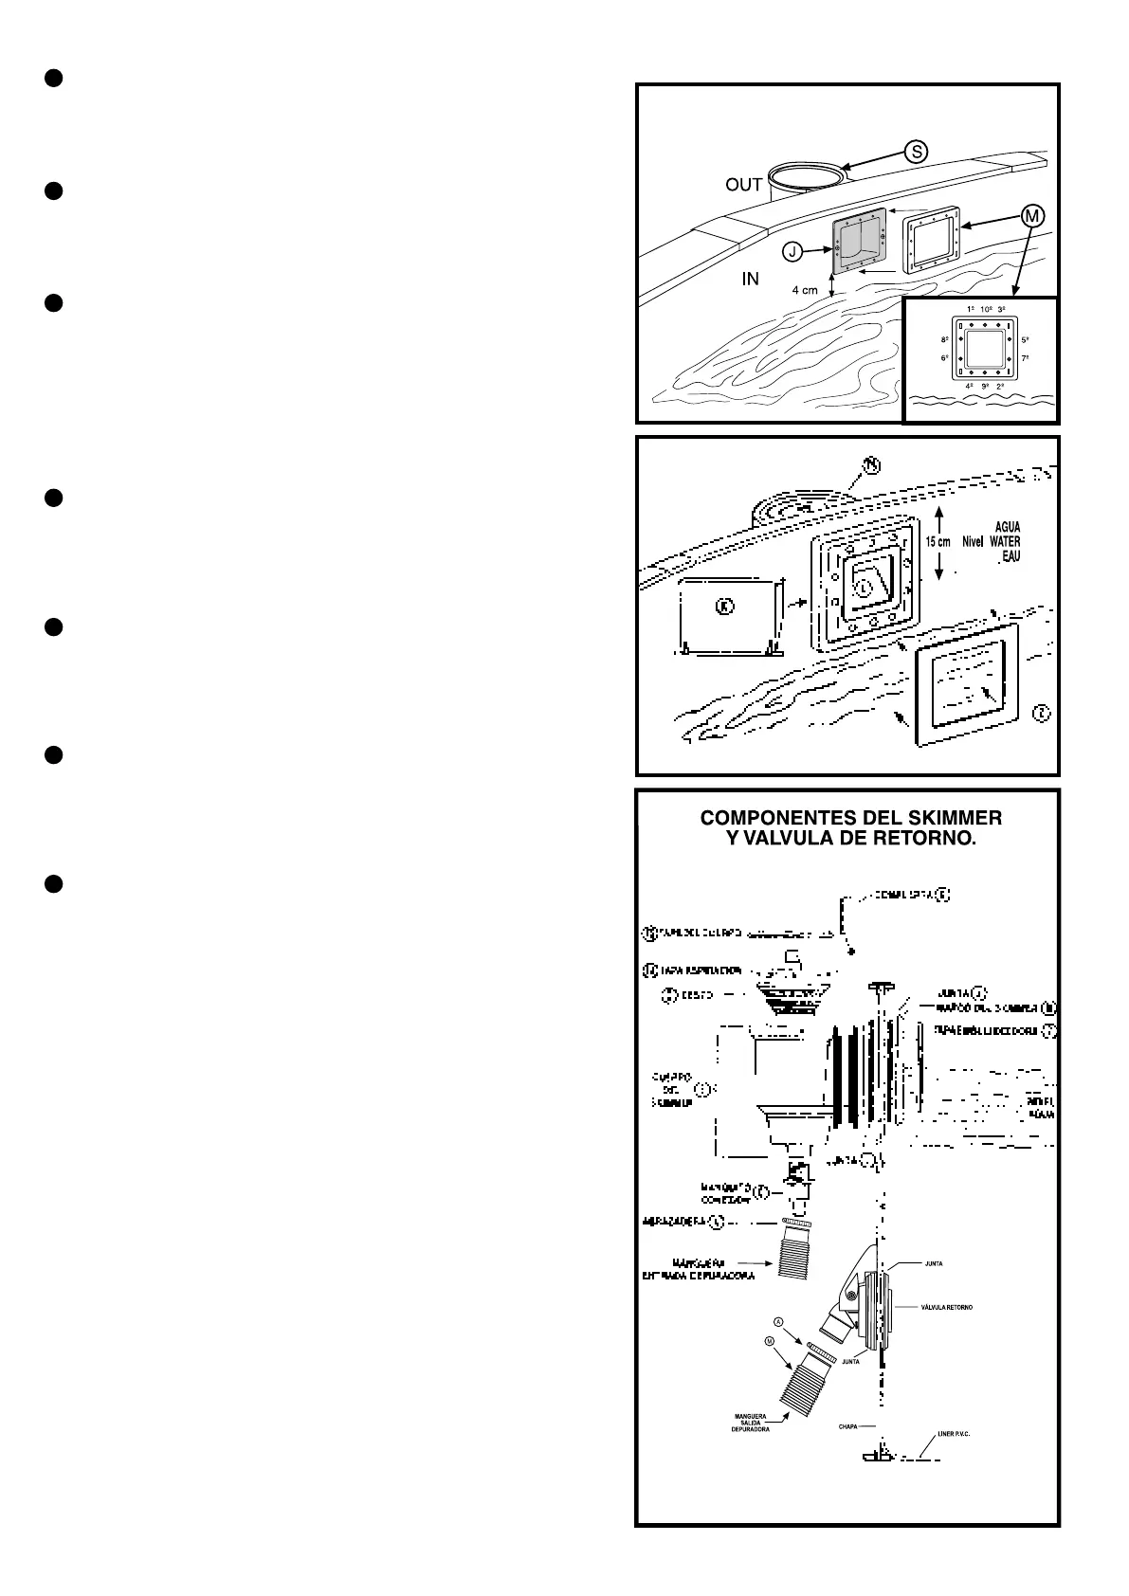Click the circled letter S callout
[915, 151]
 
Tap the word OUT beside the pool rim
[744, 185]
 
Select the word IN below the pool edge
[750, 280]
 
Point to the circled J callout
[792, 251]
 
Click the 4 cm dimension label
[805, 291]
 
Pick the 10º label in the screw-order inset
[986, 310]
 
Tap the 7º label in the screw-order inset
[1026, 358]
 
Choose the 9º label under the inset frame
[986, 387]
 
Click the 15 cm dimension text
[938, 542]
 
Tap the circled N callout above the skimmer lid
[871, 464]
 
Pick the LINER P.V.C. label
[954, 1434]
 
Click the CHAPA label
[849, 1425]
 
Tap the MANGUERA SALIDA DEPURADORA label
[750, 1423]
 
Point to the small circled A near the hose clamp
[778, 1321]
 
